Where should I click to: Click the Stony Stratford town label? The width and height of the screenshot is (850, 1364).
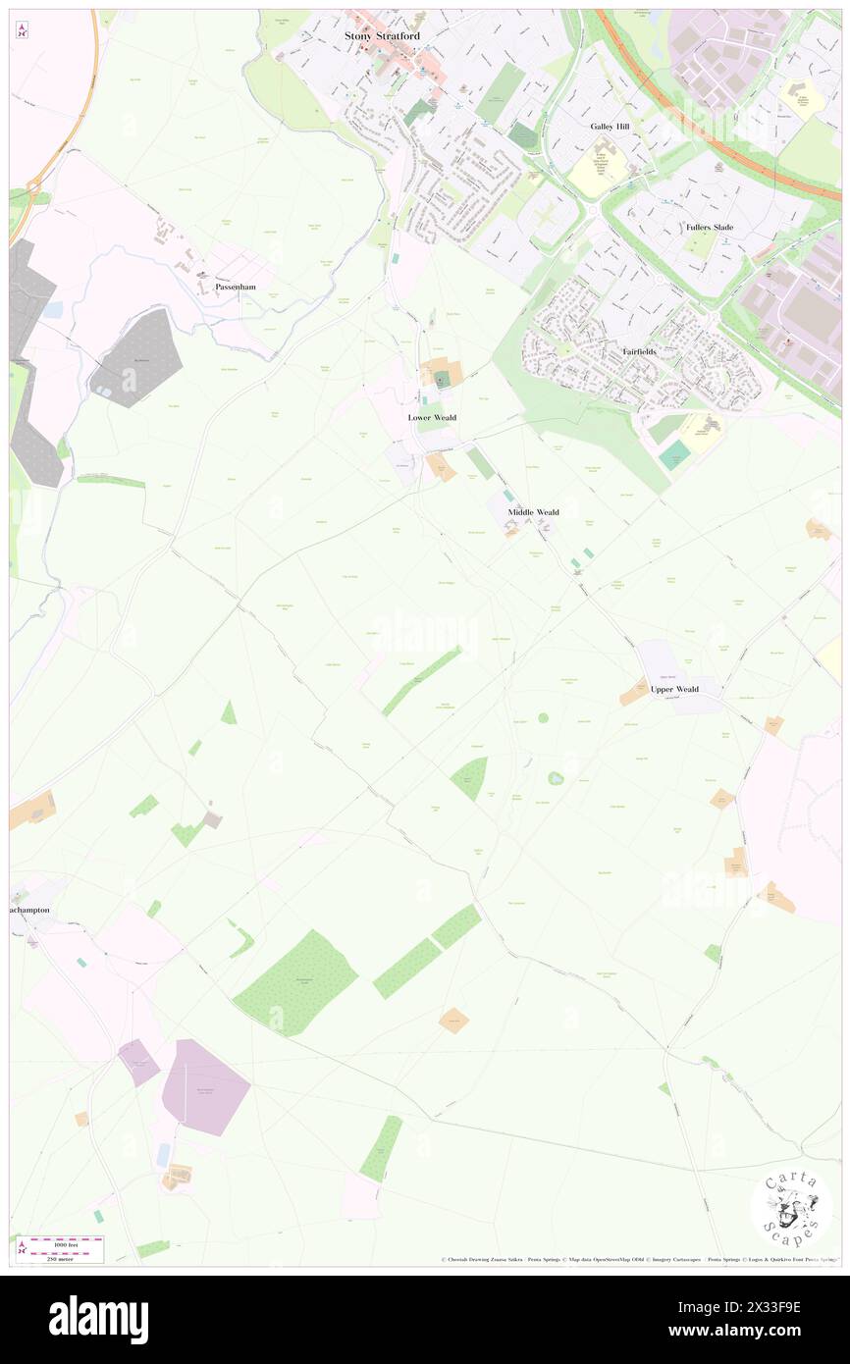pyautogui.click(x=382, y=35)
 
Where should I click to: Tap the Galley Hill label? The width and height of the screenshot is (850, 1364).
pyautogui.click(x=610, y=127)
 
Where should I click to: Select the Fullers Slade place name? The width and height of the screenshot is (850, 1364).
pyautogui.click(x=710, y=227)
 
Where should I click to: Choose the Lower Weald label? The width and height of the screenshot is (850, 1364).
pyautogui.click(x=432, y=417)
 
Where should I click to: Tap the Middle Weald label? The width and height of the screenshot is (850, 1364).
pyautogui.click(x=533, y=512)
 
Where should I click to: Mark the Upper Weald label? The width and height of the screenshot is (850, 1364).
pyautogui.click(x=674, y=689)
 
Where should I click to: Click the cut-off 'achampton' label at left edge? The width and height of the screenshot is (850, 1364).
pyautogui.click(x=29, y=911)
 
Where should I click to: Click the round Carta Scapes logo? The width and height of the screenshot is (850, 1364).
pyautogui.click(x=791, y=1208)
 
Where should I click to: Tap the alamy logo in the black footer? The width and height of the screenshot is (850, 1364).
pyautogui.click(x=98, y=1319)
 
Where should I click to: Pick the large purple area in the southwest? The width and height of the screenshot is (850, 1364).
pyautogui.click(x=204, y=1086)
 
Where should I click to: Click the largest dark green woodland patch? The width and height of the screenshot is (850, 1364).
pyautogui.click(x=294, y=981)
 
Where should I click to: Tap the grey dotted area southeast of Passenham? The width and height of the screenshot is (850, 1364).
pyautogui.click(x=138, y=357)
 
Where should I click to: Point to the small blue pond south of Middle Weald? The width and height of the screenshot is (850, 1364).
pyautogui.click(x=556, y=778)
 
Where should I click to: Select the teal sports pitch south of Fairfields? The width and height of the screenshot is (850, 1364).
pyautogui.click(x=674, y=454)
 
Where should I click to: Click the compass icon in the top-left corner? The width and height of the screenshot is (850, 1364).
pyautogui.click(x=22, y=31)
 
